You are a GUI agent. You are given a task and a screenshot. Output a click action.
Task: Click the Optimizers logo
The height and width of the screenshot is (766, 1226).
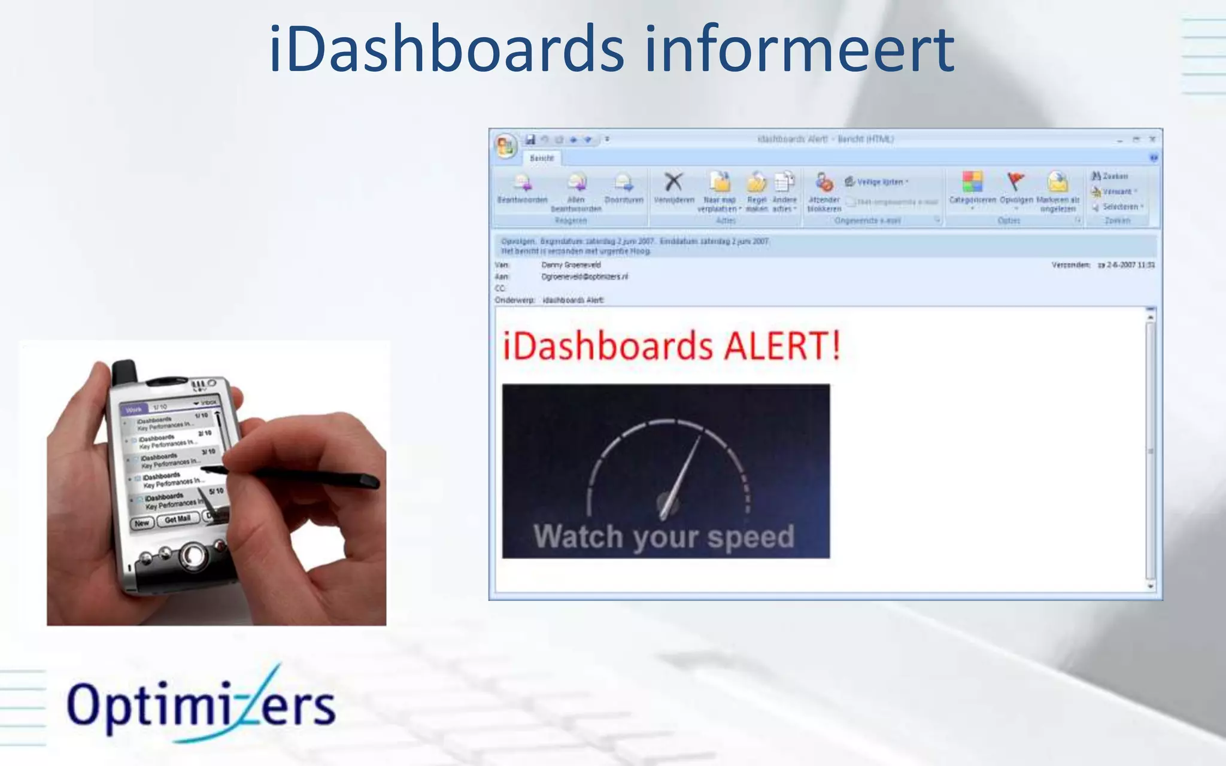pos(201,705)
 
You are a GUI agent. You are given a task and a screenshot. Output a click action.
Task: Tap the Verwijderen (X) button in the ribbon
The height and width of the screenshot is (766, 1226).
pos(674,182)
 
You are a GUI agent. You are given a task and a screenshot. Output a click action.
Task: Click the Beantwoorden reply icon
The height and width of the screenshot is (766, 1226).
pos(522,182)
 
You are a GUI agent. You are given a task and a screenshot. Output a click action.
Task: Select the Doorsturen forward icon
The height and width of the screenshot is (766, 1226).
pos(623,182)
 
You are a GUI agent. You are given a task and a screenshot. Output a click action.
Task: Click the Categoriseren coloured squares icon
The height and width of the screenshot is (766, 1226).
pos(972,182)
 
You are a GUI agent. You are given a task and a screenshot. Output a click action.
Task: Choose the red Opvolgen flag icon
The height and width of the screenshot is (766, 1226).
pos(1016,181)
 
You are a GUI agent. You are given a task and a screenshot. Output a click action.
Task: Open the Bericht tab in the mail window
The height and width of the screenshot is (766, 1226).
pos(542,158)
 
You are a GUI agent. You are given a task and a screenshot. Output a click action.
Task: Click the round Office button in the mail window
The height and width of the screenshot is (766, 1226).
pos(505,145)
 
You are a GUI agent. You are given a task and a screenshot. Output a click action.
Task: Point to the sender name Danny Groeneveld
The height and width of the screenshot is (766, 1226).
pos(571,265)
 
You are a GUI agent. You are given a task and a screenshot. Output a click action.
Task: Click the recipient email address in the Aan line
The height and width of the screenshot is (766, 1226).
pos(585,276)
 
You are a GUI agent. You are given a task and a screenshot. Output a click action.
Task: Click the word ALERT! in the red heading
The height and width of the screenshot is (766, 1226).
pos(782,346)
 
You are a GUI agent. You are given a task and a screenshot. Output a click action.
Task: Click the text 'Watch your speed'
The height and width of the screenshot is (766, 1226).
pos(664,536)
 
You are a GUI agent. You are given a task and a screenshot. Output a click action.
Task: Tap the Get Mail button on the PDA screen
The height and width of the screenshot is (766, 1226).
pos(178,519)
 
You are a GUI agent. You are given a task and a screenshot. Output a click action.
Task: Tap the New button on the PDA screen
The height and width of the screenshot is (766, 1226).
pos(142,523)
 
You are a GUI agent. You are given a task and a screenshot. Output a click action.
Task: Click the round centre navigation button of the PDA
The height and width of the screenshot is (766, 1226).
pos(193,555)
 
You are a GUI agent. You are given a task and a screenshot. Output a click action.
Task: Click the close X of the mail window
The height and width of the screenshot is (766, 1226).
pos(1152,139)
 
